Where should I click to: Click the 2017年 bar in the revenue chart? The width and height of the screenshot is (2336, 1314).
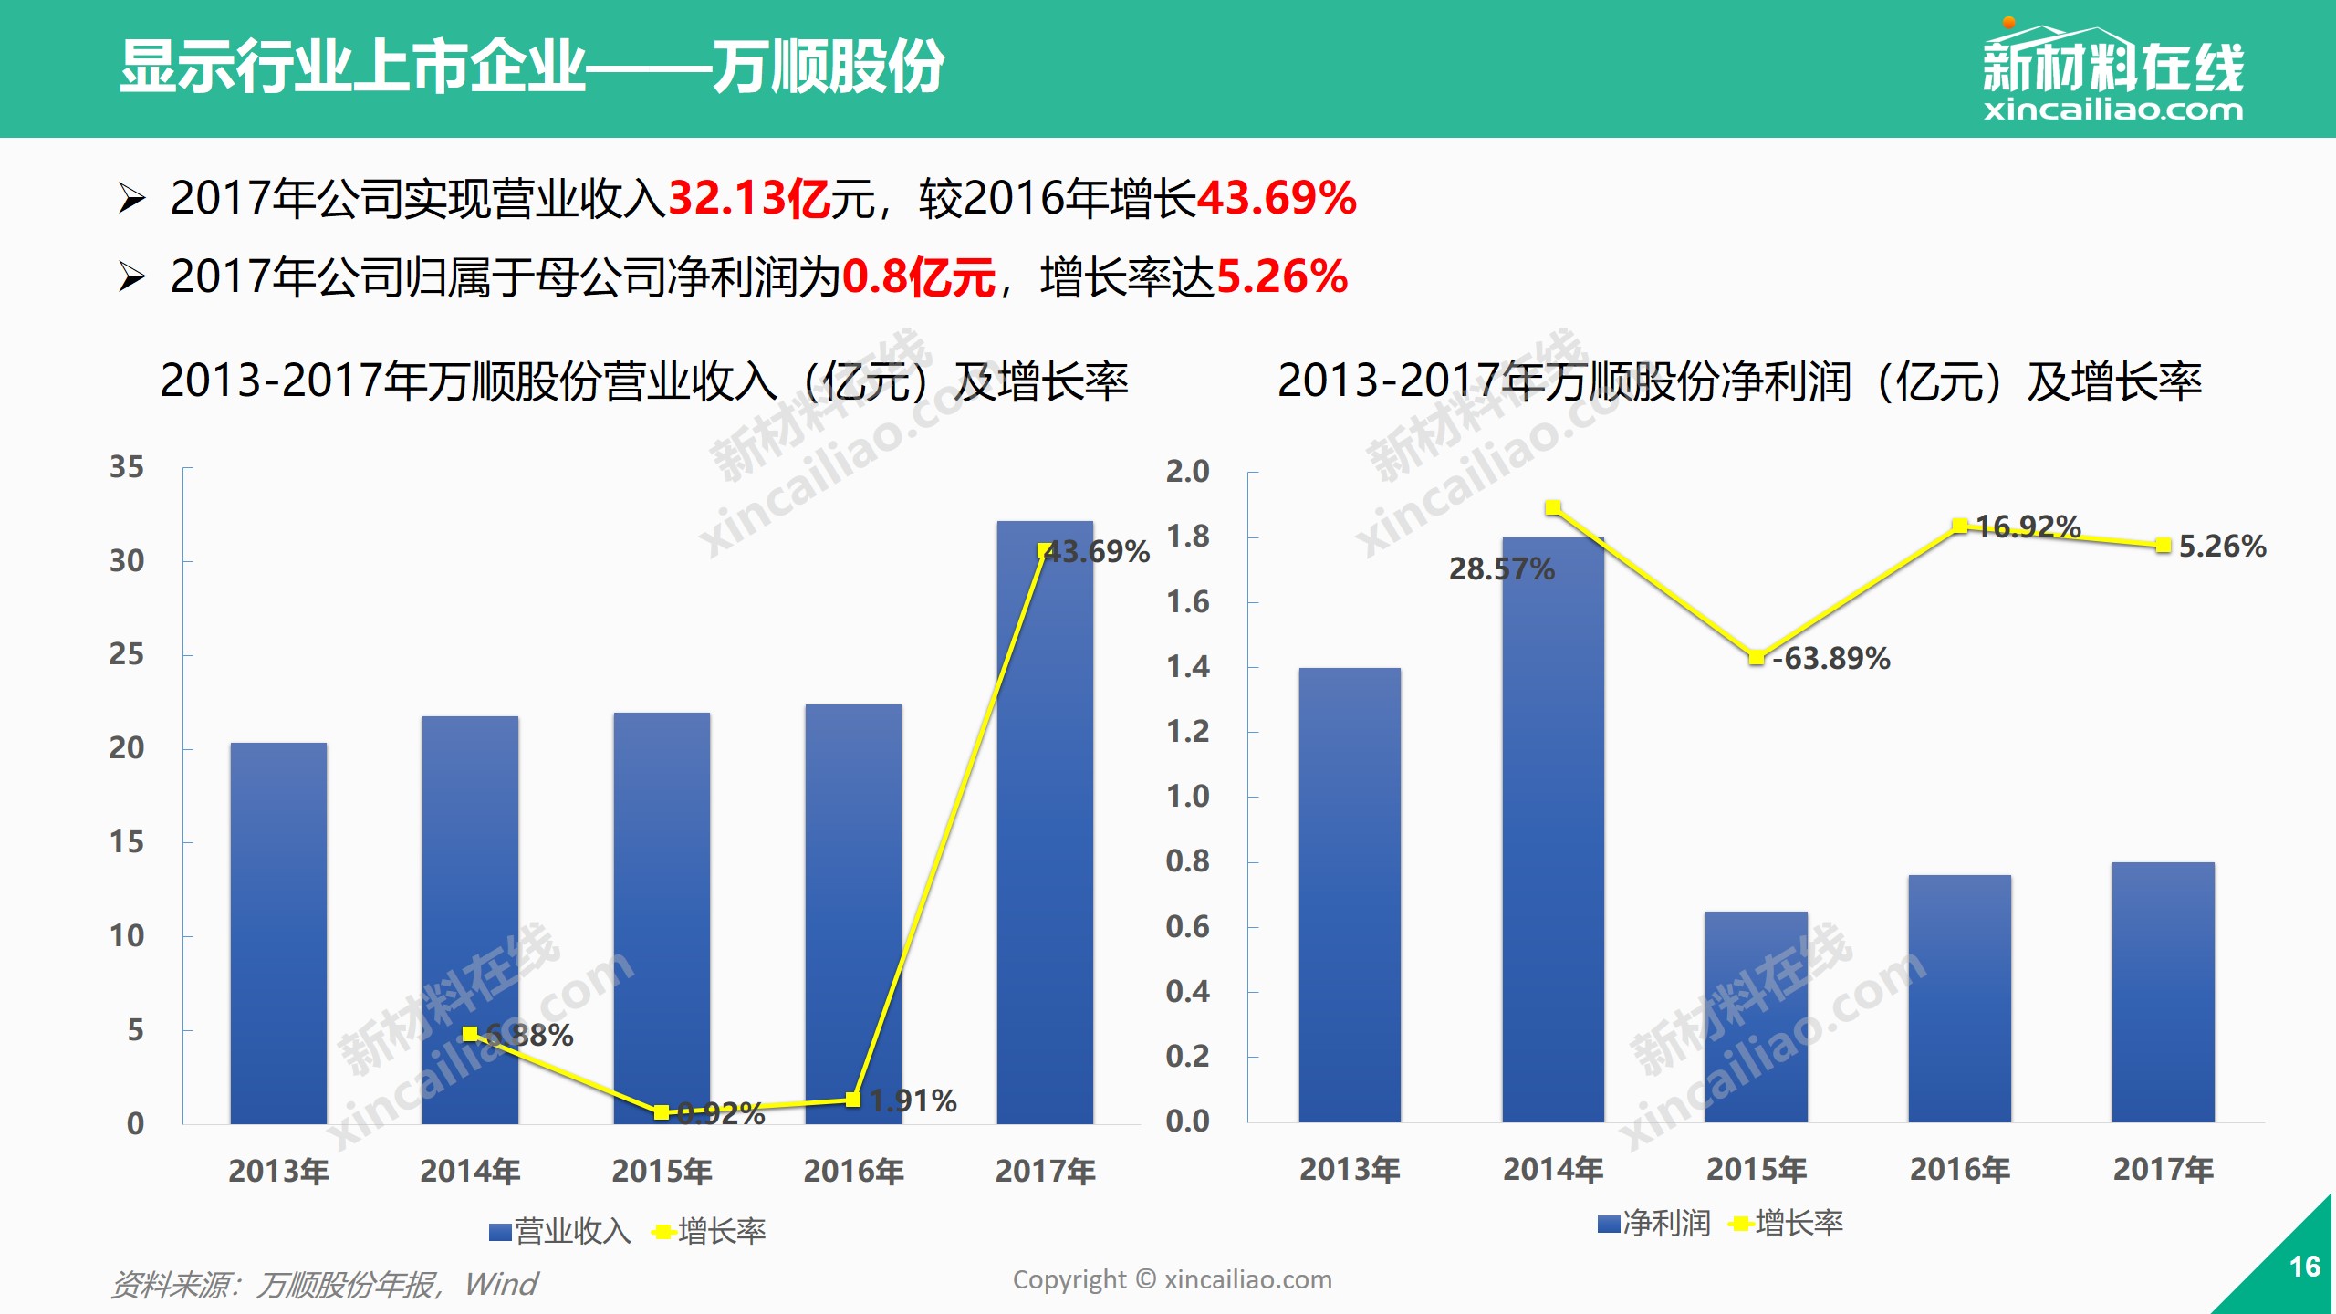click(x=1045, y=821)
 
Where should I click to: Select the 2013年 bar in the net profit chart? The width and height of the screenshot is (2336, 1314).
click(x=1350, y=894)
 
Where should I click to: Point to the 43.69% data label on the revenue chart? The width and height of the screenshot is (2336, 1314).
click(x=1098, y=552)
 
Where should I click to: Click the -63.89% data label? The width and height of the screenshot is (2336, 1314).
click(x=1831, y=658)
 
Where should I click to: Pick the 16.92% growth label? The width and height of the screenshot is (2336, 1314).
click(x=2028, y=527)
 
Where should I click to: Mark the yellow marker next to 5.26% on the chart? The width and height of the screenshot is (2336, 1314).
click(x=2163, y=546)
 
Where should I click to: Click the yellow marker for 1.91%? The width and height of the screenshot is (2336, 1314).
click(x=853, y=1100)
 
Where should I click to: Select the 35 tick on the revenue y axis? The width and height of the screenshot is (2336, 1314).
click(x=127, y=467)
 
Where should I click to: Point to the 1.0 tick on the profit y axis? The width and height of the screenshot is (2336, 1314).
click(x=1187, y=797)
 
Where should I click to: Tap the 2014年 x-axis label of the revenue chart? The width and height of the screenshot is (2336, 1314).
click(x=470, y=1171)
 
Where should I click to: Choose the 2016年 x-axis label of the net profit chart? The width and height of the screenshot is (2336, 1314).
click(x=1960, y=1169)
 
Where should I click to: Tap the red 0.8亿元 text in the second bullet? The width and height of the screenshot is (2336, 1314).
click(x=918, y=277)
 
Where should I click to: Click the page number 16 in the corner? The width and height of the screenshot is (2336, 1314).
click(x=2304, y=1267)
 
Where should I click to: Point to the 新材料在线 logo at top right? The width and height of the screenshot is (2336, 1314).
click(x=2112, y=73)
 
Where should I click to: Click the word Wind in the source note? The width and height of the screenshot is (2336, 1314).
click(x=501, y=1285)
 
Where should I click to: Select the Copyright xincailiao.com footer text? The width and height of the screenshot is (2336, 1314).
click(x=1172, y=1279)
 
